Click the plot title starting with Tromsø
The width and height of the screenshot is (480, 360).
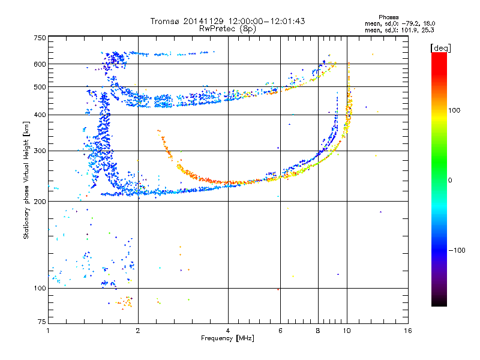click(x=227, y=21)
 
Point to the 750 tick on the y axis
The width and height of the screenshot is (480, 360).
click(x=40, y=38)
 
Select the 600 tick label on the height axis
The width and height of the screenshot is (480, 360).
click(x=40, y=64)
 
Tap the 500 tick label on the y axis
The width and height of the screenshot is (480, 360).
click(x=40, y=87)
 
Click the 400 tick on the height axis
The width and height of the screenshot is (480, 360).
click(x=40, y=115)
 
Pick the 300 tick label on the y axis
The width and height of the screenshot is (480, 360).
click(x=40, y=151)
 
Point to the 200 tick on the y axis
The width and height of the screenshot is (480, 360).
click(x=40, y=202)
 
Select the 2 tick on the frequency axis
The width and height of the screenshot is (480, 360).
click(x=138, y=330)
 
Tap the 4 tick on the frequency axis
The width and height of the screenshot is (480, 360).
click(x=228, y=330)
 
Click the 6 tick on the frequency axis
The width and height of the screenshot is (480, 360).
click(x=280, y=330)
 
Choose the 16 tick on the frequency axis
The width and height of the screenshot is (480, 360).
click(x=407, y=330)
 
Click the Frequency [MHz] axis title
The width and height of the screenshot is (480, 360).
click(x=227, y=338)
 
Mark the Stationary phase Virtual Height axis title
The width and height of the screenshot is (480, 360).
click(x=26, y=180)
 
